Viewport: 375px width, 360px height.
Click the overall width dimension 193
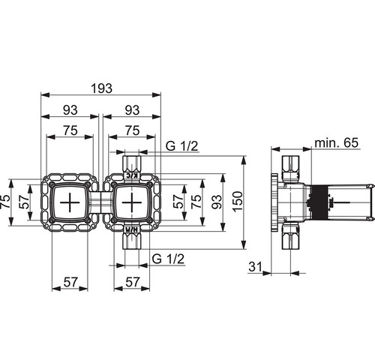pyautogui.click(x=101, y=88)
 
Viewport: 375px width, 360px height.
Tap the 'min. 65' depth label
pyautogui.click(x=336, y=142)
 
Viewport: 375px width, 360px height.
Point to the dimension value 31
pyautogui.click(x=255, y=266)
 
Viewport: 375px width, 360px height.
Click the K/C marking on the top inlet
pyautogui.click(x=132, y=175)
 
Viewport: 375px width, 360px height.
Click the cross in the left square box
pyautogui.click(x=70, y=202)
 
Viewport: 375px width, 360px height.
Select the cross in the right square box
pyautogui.click(x=132, y=202)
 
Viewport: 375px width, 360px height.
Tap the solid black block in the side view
pyautogui.click(x=319, y=202)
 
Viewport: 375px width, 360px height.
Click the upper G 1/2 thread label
pyautogui.click(x=181, y=146)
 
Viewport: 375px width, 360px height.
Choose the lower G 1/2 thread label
pyautogui.click(x=168, y=259)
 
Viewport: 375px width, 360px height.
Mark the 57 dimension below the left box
pyautogui.click(x=70, y=282)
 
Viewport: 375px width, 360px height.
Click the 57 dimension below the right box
pyautogui.click(x=132, y=282)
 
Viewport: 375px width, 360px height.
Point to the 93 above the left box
pyautogui.click(x=70, y=110)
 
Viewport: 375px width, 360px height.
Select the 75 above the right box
pyautogui.click(x=132, y=130)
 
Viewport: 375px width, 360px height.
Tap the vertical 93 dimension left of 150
pyautogui.click(x=217, y=202)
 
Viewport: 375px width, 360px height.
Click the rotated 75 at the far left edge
pyautogui.click(x=5, y=201)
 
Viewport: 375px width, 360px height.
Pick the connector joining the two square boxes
pyautogui.click(x=100, y=202)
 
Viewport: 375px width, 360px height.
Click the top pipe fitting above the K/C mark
pyautogui.click(x=133, y=164)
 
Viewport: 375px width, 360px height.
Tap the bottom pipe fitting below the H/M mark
pyautogui.click(x=133, y=241)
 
